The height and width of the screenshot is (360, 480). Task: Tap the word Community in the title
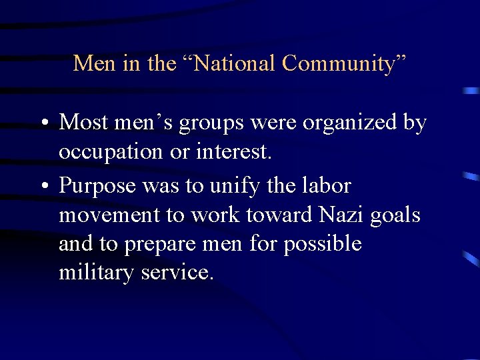(339, 63)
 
